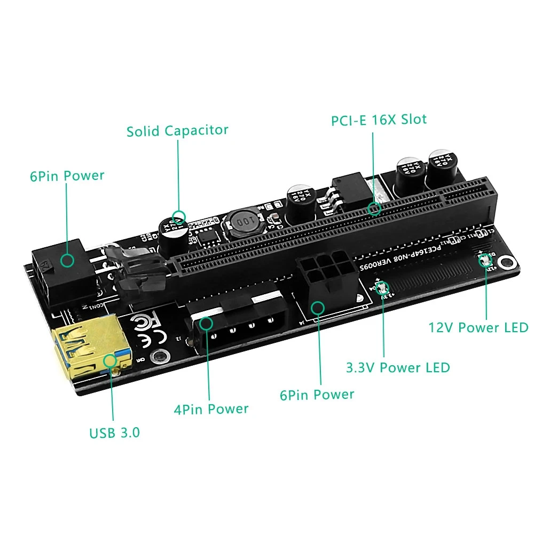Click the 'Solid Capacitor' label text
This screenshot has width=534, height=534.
(x=177, y=130)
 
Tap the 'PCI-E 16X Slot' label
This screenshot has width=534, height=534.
(x=379, y=119)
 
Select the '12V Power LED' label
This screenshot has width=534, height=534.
(x=478, y=327)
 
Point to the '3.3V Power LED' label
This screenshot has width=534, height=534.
(x=398, y=367)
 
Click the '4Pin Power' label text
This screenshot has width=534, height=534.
(x=211, y=409)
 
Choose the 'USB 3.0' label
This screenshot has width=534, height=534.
(x=114, y=432)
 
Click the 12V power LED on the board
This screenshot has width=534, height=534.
(x=486, y=261)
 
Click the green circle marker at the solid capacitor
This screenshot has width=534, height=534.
(x=179, y=217)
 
